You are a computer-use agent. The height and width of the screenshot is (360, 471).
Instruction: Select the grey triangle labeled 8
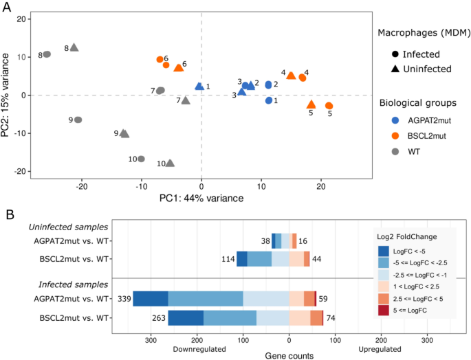tap(74, 47)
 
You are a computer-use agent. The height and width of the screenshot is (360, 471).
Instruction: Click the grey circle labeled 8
tap(47, 54)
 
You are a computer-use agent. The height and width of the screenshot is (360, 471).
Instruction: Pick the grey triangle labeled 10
tap(170, 163)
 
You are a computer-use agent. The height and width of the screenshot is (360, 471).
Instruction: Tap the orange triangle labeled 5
tap(311, 104)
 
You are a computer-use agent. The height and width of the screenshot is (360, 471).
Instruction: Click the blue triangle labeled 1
tap(199, 87)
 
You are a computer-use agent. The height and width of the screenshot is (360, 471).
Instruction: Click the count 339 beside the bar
tap(124, 299)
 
